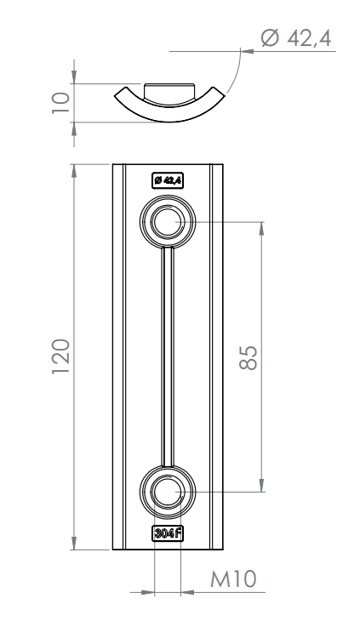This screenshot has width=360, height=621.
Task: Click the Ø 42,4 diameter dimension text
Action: pyautogui.click(x=296, y=38)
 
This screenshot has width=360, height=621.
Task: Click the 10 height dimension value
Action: pyautogui.click(x=61, y=103)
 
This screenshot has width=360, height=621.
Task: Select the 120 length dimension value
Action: pyautogui.click(x=61, y=356)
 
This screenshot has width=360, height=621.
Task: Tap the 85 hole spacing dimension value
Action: pyautogui.click(x=249, y=358)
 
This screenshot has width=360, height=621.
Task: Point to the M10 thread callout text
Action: pyautogui.click(x=233, y=579)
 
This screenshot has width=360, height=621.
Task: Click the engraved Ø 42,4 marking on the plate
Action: pyautogui.click(x=169, y=180)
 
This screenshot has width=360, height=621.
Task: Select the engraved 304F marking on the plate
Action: pyautogui.click(x=169, y=533)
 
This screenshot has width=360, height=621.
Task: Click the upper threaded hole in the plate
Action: pyautogui.click(x=168, y=222)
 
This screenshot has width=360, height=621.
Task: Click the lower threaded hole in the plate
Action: pyautogui.click(x=168, y=493)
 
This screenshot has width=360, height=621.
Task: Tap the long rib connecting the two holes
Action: pyautogui.click(x=168, y=356)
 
